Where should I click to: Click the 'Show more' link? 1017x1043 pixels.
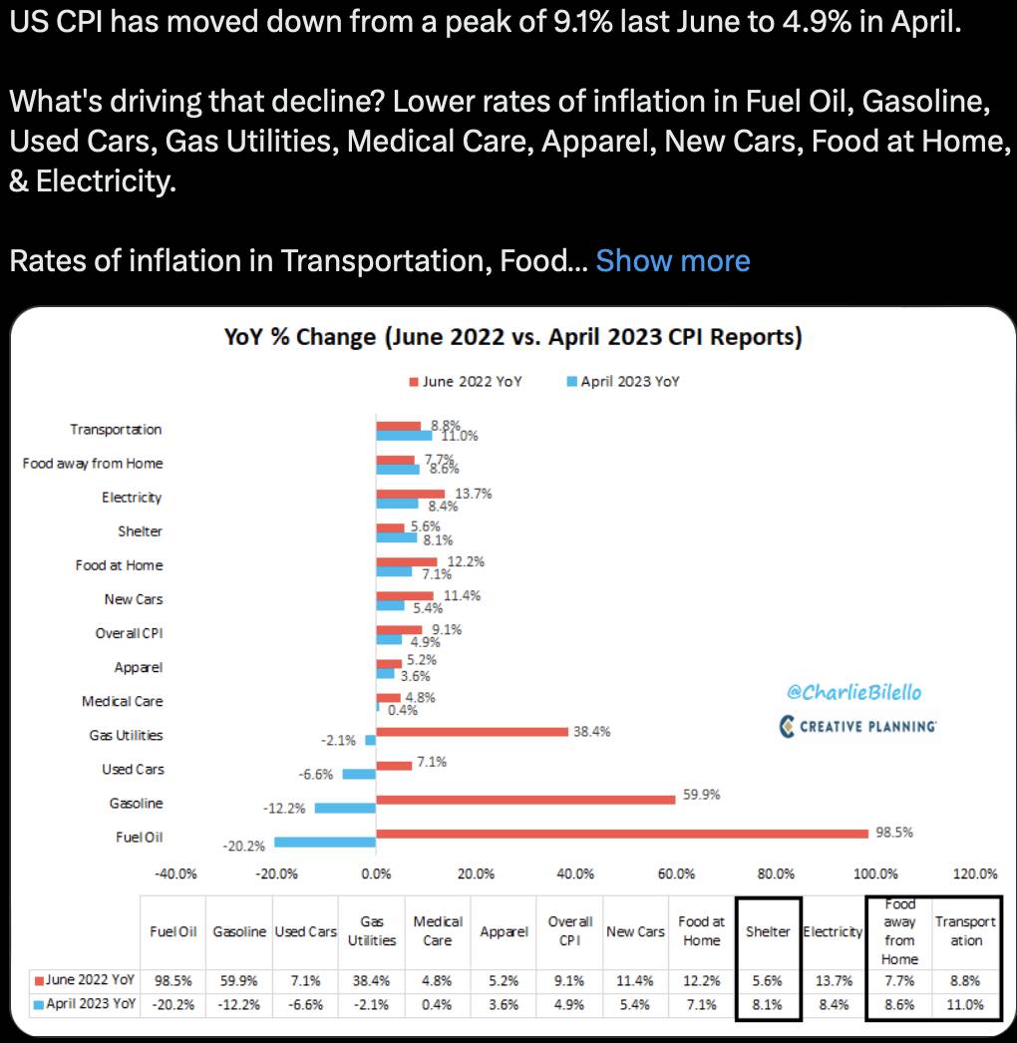click(672, 261)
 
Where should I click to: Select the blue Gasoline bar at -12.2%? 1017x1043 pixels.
click(345, 808)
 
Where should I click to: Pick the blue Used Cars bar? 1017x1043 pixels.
click(359, 774)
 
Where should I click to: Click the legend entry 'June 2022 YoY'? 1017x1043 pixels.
click(465, 381)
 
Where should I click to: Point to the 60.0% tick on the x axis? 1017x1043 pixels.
click(676, 873)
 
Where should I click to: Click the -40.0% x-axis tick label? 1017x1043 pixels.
click(175, 873)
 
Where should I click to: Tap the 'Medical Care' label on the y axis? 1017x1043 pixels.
click(122, 701)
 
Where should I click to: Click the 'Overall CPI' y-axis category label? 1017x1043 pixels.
click(129, 633)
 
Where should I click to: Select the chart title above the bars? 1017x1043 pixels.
click(513, 337)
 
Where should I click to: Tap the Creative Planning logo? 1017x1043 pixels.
click(858, 726)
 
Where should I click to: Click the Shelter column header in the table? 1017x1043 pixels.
click(768, 931)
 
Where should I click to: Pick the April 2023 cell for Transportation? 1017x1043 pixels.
click(964, 1004)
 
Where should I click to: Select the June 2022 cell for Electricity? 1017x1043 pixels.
click(833, 979)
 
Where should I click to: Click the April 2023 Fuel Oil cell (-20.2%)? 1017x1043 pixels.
click(172, 1004)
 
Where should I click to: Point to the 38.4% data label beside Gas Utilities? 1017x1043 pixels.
click(591, 731)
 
